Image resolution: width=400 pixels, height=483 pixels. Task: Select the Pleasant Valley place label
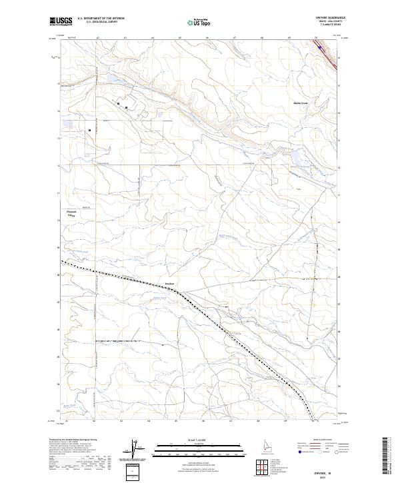(x=71, y=214)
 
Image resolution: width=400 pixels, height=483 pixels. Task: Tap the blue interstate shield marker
(x=319, y=47)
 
